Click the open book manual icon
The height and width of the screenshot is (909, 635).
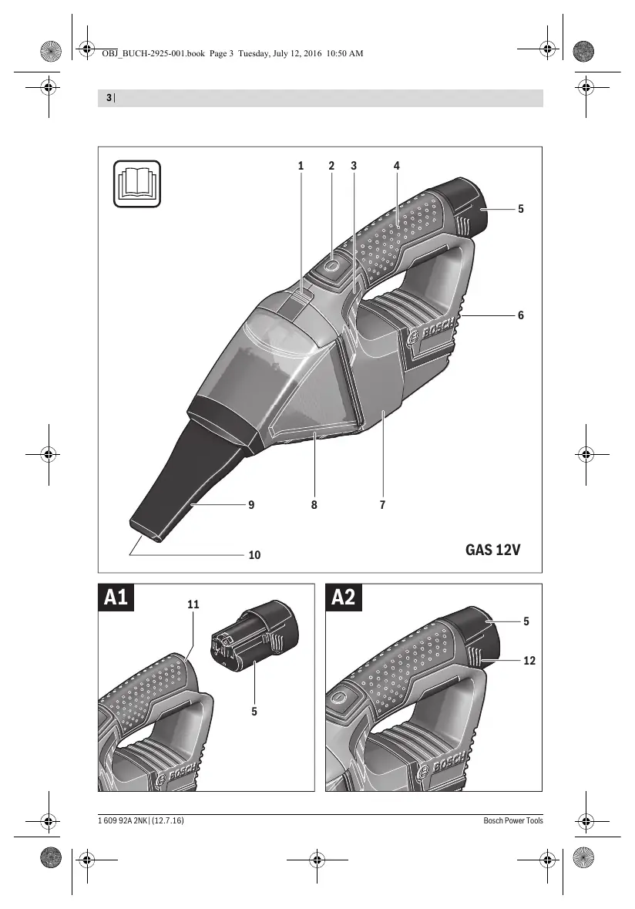point(136,183)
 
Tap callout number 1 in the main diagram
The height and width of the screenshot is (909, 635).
point(301,166)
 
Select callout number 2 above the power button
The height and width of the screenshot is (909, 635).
point(331,166)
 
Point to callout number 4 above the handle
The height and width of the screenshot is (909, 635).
point(397,166)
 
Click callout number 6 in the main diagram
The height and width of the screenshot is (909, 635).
point(521,315)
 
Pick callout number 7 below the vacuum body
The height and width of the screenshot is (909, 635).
point(382,505)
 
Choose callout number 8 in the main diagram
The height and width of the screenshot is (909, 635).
point(314,505)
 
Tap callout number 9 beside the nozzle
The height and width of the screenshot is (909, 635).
point(251,505)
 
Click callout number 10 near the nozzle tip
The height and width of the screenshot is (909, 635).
point(254,555)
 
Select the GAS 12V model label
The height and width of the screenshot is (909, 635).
point(493,550)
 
